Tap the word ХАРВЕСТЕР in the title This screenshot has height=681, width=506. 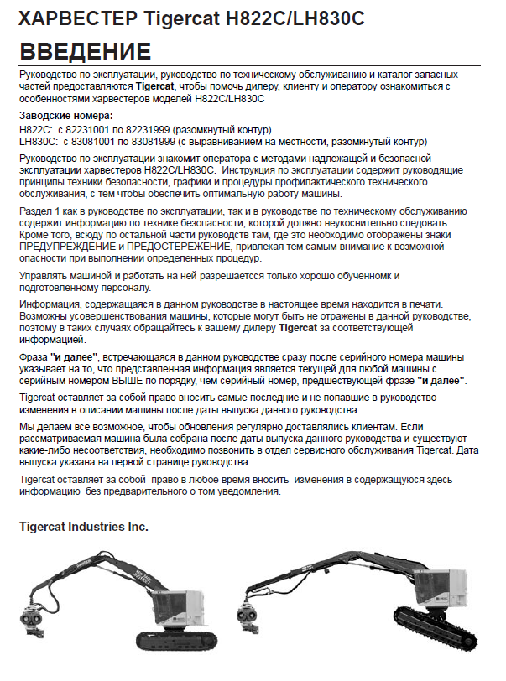(x=69, y=18)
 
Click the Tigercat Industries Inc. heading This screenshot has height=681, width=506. (x=84, y=528)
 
